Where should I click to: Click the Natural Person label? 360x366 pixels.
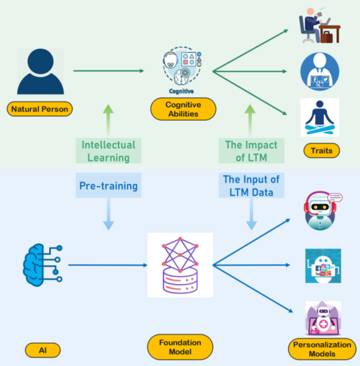click(x=40, y=109)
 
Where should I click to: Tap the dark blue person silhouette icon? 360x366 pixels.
click(x=40, y=71)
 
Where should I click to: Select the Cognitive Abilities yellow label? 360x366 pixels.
click(x=183, y=109)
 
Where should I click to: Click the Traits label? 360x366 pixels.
click(x=322, y=150)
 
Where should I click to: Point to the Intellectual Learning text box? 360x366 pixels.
click(x=109, y=151)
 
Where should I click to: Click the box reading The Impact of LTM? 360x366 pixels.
click(x=251, y=151)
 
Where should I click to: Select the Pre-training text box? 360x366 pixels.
click(x=109, y=185)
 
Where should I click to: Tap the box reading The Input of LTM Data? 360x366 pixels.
click(x=251, y=185)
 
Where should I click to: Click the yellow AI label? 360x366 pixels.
click(x=43, y=350)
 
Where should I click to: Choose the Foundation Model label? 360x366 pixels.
click(x=180, y=347)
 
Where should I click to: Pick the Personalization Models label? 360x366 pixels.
click(x=322, y=349)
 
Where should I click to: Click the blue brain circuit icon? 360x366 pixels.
click(x=42, y=265)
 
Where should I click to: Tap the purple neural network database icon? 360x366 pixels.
click(x=180, y=265)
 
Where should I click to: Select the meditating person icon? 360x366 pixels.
click(x=320, y=118)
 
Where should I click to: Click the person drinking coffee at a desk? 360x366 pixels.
click(x=320, y=26)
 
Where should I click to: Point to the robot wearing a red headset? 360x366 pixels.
click(x=322, y=211)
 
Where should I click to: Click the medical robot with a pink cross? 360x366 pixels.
click(x=323, y=318)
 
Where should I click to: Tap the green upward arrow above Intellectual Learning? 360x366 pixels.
click(x=108, y=120)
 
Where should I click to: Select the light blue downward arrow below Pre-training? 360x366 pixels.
click(x=109, y=214)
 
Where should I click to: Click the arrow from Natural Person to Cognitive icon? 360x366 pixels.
click(x=109, y=71)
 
